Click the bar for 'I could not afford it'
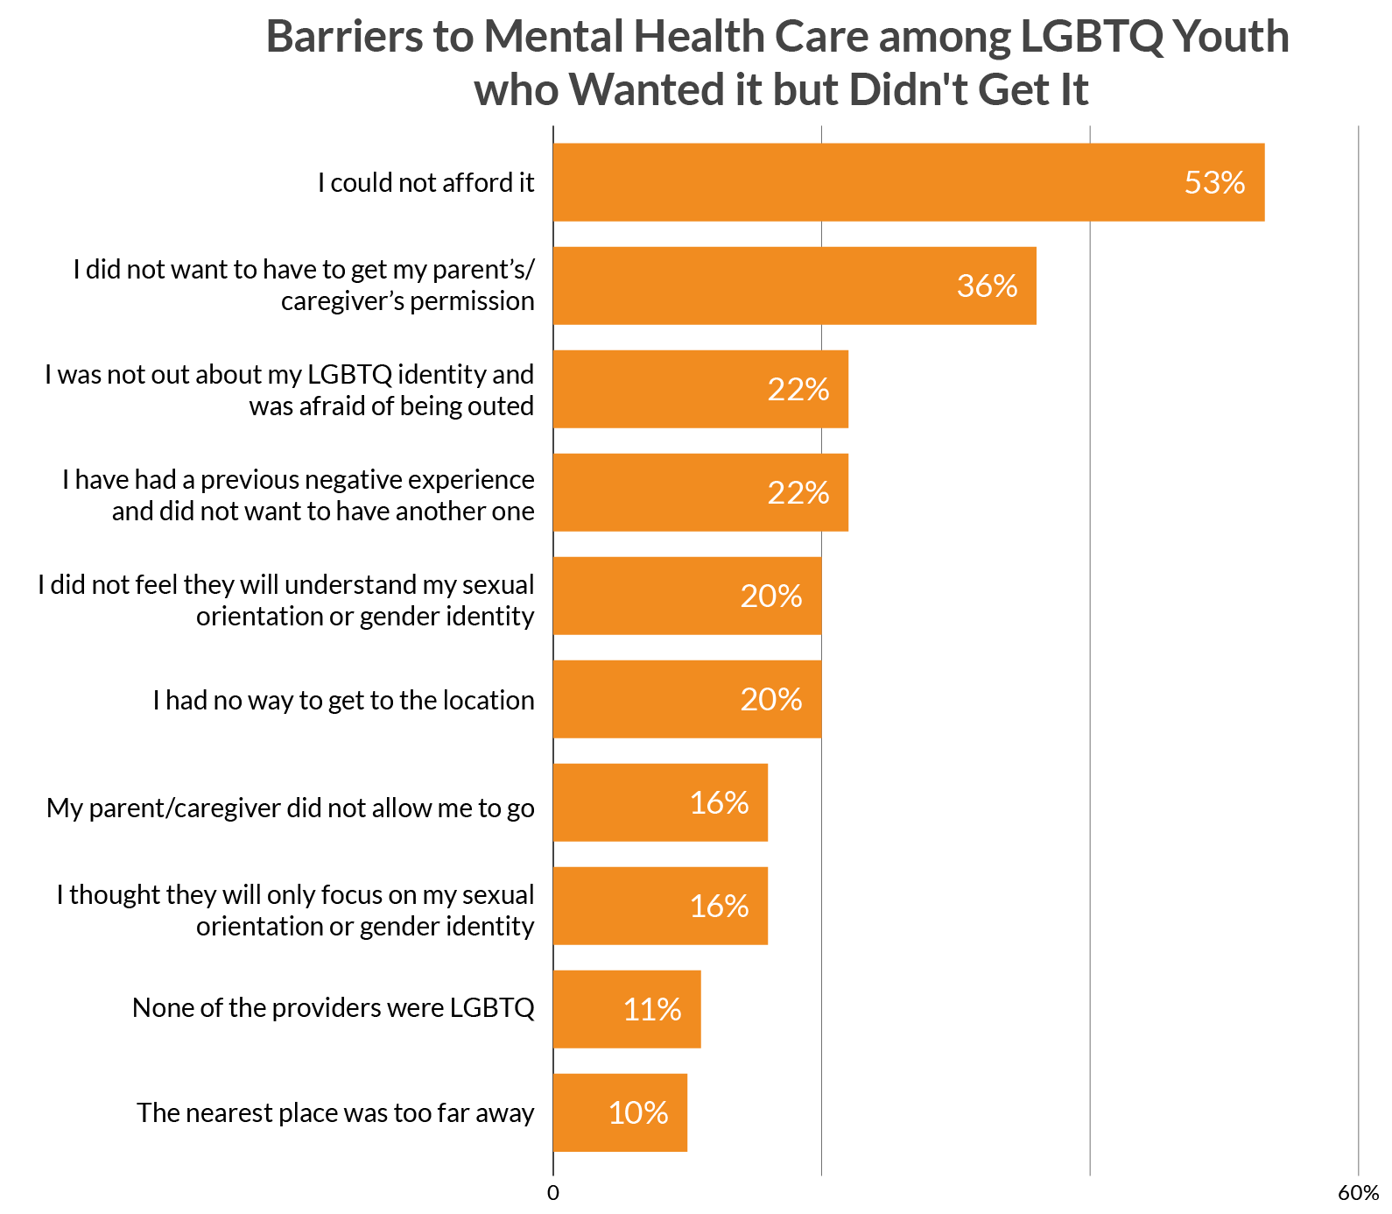(x=909, y=182)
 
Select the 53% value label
(x=1214, y=182)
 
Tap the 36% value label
(x=987, y=286)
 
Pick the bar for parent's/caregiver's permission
(x=794, y=286)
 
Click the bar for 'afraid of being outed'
(x=700, y=389)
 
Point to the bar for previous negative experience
(x=700, y=492)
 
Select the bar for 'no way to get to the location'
(x=687, y=699)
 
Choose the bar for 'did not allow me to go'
(x=660, y=802)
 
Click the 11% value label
(x=652, y=1009)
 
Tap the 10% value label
(x=638, y=1112)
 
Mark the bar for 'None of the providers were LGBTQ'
(x=627, y=1009)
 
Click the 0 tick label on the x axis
(x=552, y=1193)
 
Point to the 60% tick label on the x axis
(x=1358, y=1193)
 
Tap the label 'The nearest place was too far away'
(x=335, y=1112)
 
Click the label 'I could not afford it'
(x=425, y=182)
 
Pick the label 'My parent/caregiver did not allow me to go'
(x=290, y=808)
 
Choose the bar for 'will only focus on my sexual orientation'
(x=660, y=906)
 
